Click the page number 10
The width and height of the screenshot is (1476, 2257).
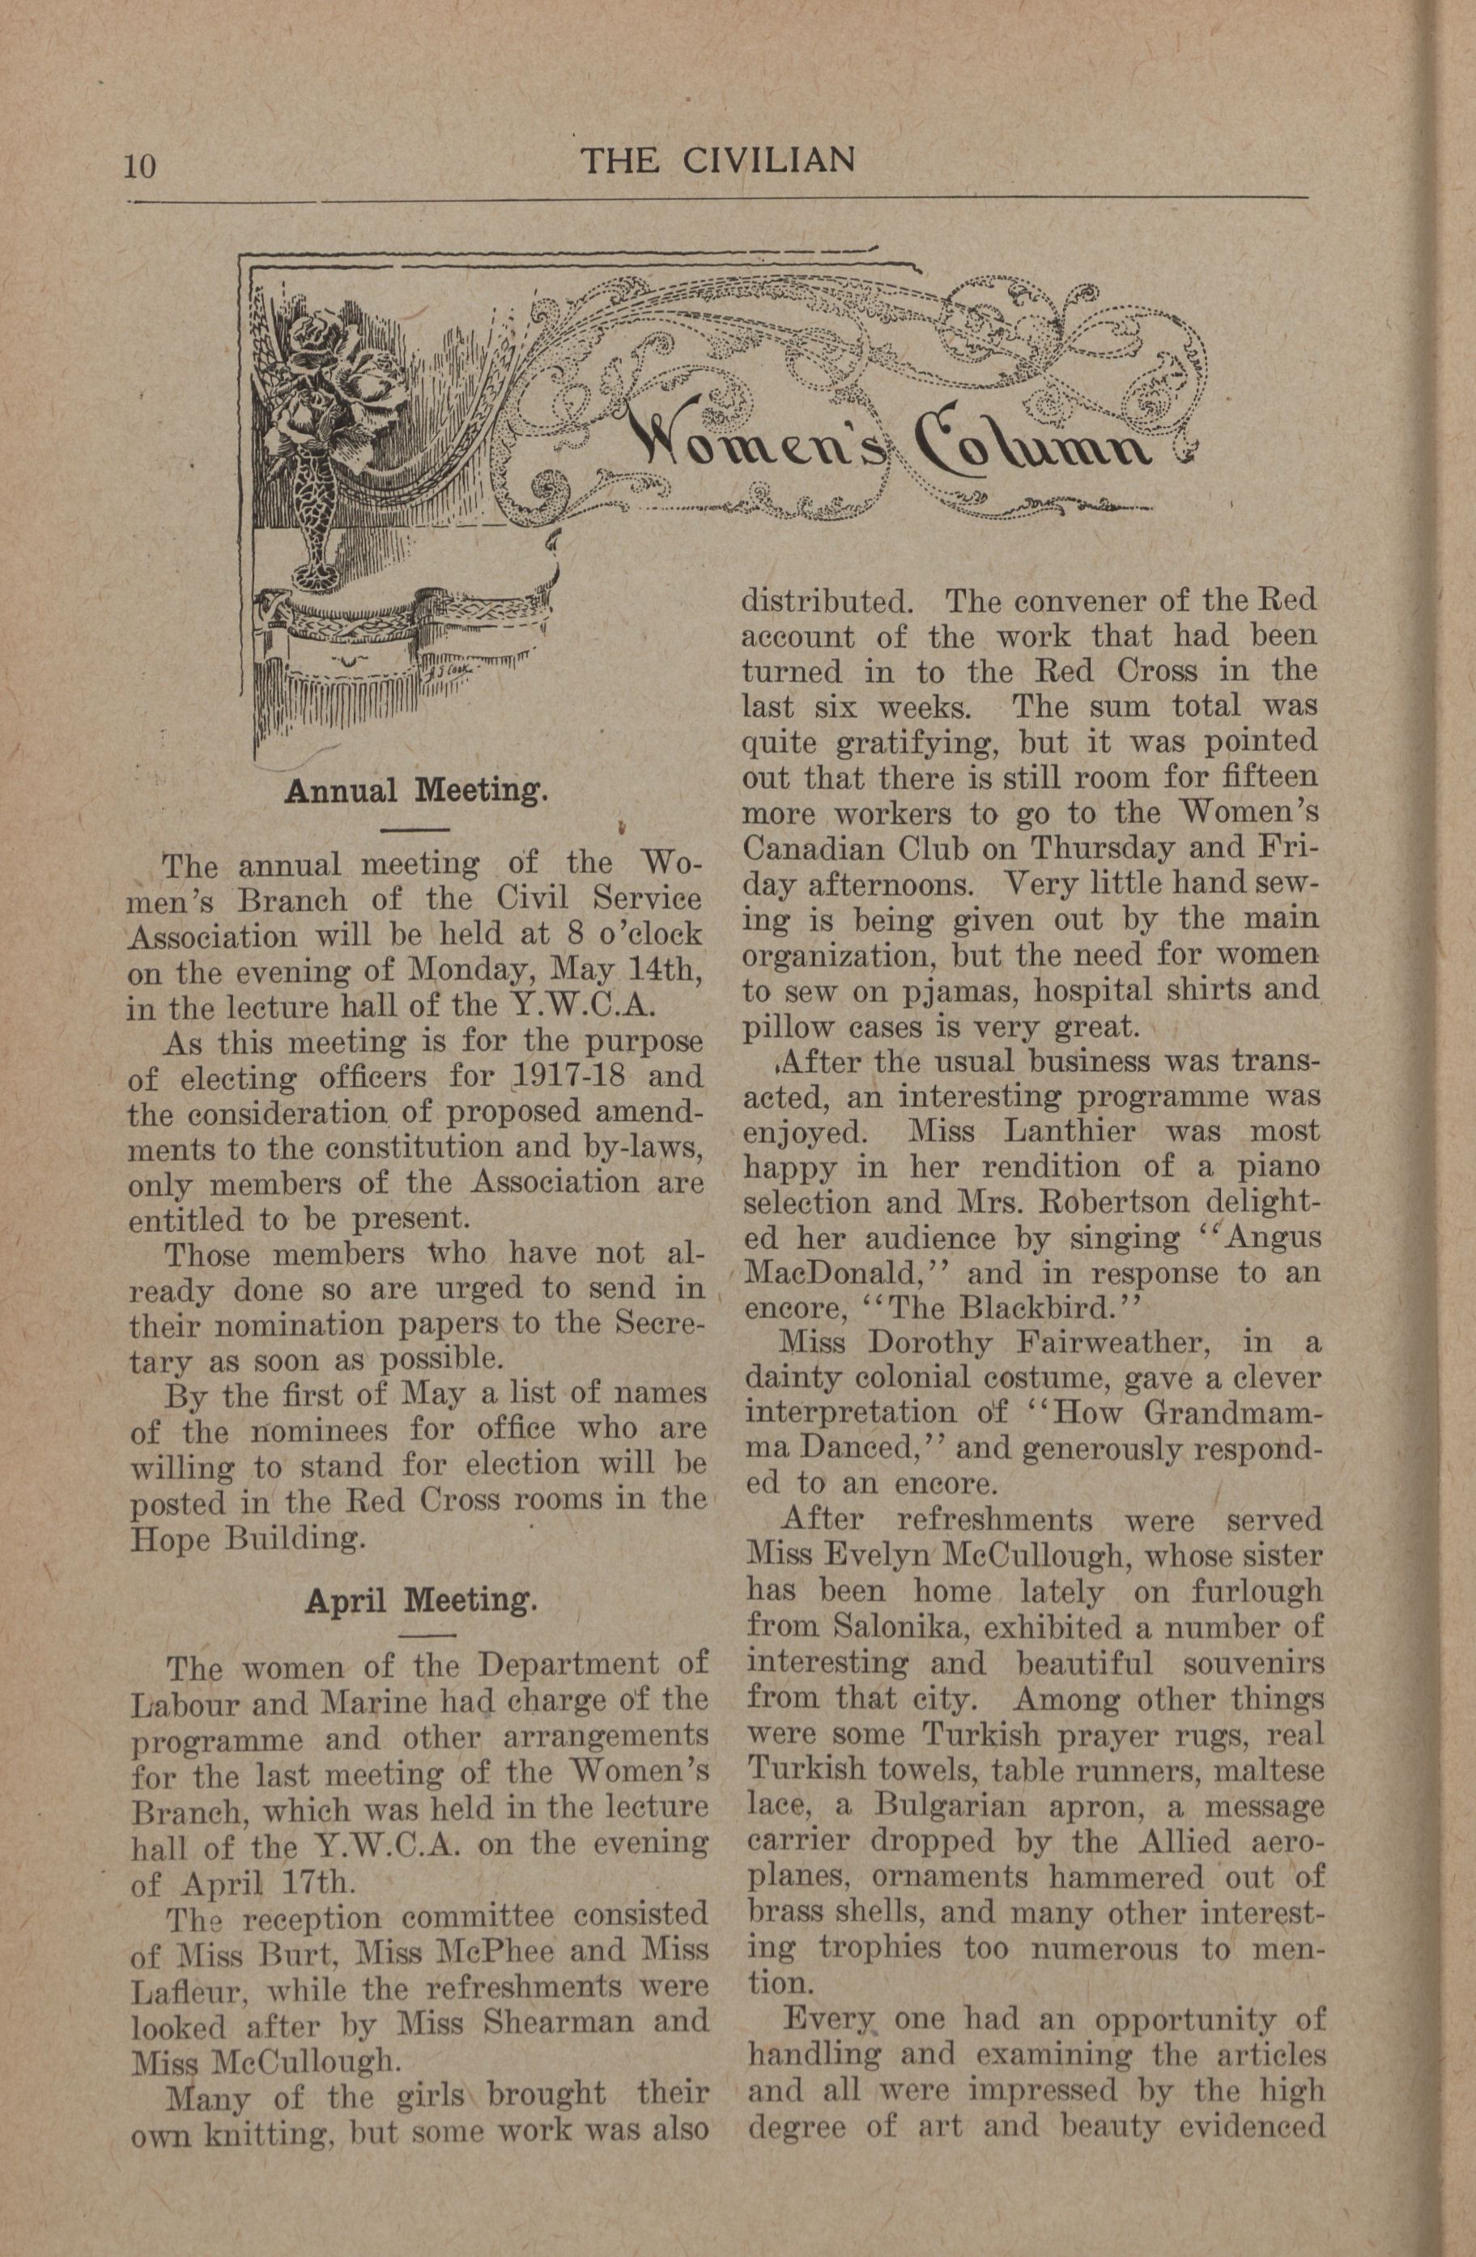[138, 166]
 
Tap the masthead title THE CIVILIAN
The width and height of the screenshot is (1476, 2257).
[718, 160]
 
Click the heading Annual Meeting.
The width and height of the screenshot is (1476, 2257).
[416, 790]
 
